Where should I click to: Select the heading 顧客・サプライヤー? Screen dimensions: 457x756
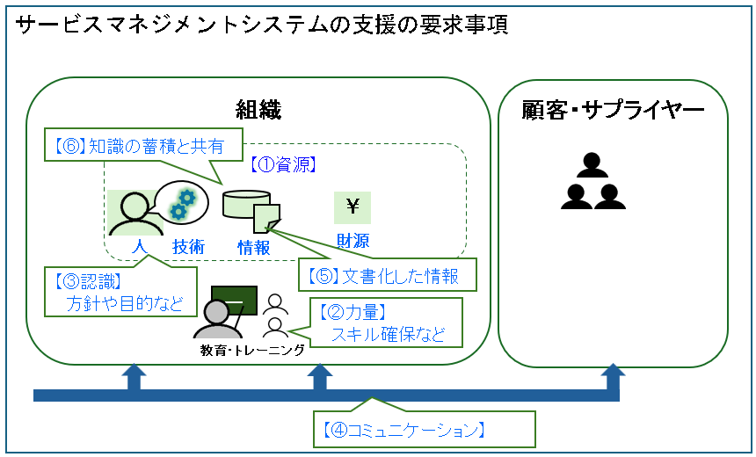click(x=613, y=110)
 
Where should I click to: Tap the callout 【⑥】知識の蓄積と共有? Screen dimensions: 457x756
click(x=142, y=147)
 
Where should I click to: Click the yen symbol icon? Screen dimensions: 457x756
click(x=353, y=207)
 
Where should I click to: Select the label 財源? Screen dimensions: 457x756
click(x=353, y=241)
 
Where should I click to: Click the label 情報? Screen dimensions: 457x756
click(x=254, y=247)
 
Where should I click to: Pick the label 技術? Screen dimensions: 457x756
click(x=188, y=247)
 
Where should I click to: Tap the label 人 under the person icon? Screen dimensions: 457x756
click(x=137, y=247)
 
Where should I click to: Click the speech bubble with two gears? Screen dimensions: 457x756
click(x=183, y=202)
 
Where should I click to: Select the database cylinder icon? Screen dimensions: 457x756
click(x=244, y=205)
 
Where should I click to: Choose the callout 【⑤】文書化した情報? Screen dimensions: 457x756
click(x=387, y=276)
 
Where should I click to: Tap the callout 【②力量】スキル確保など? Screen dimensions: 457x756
click(x=387, y=322)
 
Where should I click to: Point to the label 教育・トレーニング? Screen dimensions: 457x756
click(x=253, y=350)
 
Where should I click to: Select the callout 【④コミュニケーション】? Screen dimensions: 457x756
click(x=424, y=429)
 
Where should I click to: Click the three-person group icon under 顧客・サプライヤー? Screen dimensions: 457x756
click(x=593, y=182)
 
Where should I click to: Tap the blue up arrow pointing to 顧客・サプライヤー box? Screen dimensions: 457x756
click(x=613, y=380)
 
